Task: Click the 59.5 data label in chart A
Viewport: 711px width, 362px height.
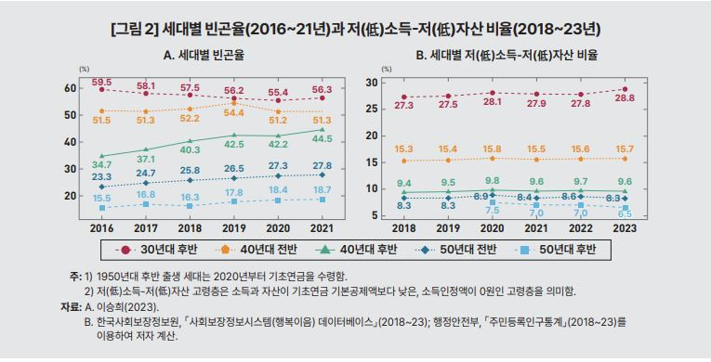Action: click(101, 82)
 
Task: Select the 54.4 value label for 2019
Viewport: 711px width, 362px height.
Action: click(234, 112)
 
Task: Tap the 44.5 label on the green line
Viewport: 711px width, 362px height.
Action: click(323, 139)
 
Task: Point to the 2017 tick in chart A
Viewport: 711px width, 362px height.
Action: click(146, 228)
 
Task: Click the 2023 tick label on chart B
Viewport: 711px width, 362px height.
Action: click(625, 228)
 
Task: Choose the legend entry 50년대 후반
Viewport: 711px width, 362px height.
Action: click(556, 249)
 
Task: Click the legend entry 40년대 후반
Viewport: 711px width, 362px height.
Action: click(357, 249)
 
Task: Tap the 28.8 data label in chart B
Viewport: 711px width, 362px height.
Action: click(625, 99)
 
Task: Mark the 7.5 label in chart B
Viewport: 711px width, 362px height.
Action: click(492, 210)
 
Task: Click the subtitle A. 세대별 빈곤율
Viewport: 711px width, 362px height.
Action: click(204, 57)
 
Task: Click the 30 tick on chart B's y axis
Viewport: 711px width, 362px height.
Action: click(372, 83)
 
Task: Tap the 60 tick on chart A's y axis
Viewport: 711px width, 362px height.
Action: click(70, 88)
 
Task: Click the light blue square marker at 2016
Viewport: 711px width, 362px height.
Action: click(102, 208)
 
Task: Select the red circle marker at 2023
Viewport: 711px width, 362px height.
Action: click(625, 89)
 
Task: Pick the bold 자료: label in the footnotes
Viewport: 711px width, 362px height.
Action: click(72, 306)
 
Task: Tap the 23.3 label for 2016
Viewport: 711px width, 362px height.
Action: click(101, 176)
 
